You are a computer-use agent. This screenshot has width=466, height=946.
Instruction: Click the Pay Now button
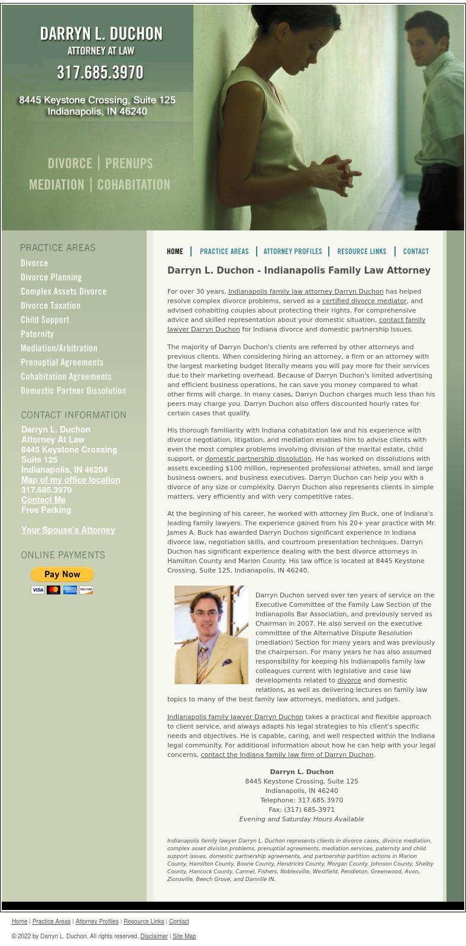62,574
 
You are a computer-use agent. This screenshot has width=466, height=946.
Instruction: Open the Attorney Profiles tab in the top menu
293,252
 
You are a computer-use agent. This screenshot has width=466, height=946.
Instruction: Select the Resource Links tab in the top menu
361,252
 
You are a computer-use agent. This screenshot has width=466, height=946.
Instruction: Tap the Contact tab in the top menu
416,252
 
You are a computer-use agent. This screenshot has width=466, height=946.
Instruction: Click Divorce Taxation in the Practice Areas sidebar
50,306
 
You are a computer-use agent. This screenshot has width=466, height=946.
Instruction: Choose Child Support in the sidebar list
45,320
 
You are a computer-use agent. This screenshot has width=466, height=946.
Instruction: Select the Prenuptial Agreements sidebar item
62,363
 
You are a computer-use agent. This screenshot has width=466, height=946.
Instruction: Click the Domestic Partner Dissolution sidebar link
73,391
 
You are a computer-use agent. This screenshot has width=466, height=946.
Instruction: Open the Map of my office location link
70,480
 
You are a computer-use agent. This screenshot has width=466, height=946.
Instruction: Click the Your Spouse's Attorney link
68,531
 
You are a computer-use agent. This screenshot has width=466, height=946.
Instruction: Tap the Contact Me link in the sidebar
43,500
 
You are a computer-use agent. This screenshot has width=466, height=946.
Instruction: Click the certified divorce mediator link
364,301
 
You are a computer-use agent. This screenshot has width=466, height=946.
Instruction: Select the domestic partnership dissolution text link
258,459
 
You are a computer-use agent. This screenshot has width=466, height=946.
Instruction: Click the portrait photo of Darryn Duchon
211,635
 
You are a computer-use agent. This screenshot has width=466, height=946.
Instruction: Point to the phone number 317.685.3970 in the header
100,73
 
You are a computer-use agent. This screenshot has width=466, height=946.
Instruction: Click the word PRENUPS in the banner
129,164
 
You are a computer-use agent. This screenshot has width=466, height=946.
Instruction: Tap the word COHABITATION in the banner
134,185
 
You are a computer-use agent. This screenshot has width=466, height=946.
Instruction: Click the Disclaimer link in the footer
154,937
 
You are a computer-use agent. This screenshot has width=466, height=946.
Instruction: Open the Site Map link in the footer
185,937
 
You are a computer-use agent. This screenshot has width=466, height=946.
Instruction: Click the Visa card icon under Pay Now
38,590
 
